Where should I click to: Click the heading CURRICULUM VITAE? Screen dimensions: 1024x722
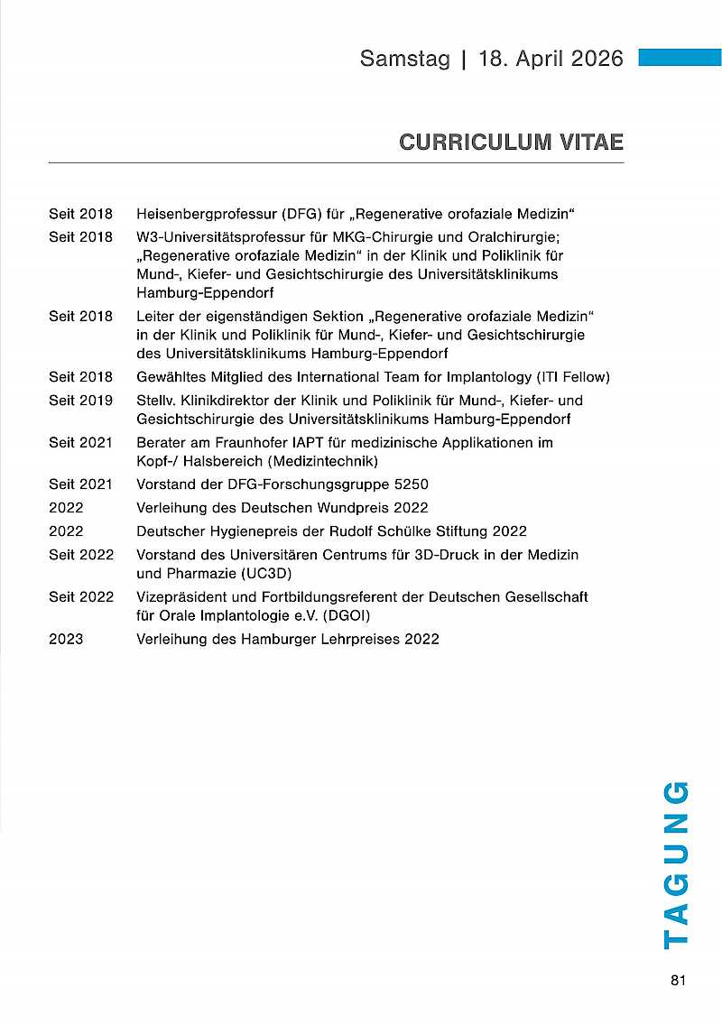[511, 143]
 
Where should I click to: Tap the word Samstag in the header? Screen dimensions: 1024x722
[404, 59]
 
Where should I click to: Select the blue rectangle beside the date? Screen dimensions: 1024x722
[680, 58]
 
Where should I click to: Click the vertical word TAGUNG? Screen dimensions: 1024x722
[676, 864]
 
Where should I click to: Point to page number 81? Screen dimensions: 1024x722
[679, 981]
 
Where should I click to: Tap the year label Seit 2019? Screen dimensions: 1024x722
[80, 400]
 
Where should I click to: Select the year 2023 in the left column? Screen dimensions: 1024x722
[66, 639]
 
